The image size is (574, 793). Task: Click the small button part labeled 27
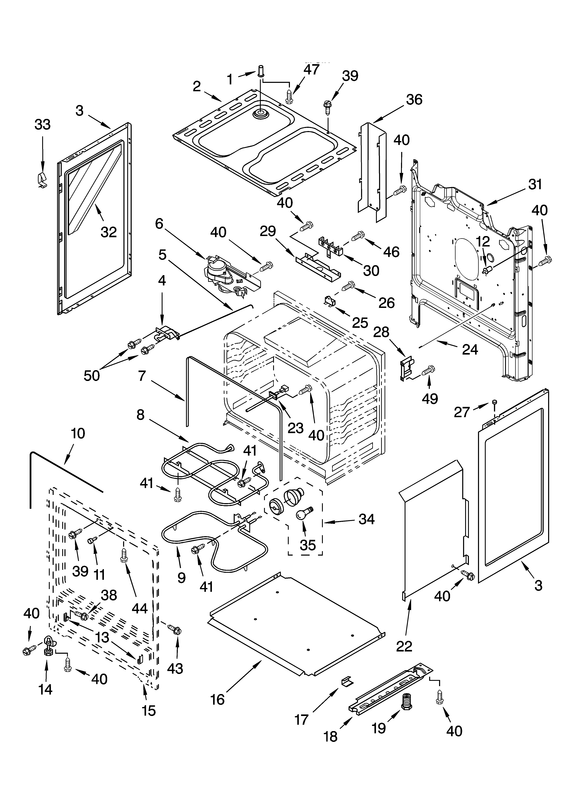pyautogui.click(x=495, y=403)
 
